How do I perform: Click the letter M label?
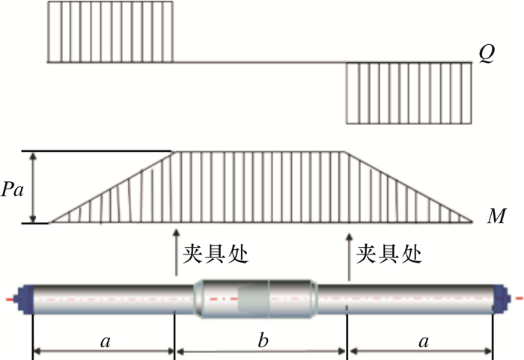click(496, 218)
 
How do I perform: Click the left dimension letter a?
click(104, 341)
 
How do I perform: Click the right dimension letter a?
click(423, 341)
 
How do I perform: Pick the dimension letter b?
click(263, 341)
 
